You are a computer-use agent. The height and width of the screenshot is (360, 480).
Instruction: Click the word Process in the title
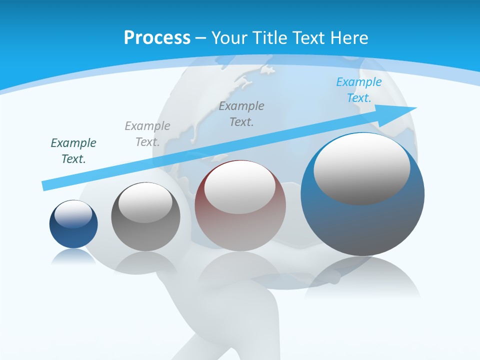[157, 38]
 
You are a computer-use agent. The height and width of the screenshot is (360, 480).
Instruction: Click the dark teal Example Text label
[73, 151]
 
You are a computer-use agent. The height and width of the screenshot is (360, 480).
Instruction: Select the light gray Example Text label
[147, 134]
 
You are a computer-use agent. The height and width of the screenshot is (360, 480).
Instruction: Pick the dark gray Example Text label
[241, 114]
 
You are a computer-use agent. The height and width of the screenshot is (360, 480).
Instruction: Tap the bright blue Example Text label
[359, 90]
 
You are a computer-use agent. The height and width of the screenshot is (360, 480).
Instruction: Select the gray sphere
[145, 235]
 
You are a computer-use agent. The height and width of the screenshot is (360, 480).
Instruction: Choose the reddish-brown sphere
[240, 230]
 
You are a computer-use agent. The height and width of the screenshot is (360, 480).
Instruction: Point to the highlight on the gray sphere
[145, 202]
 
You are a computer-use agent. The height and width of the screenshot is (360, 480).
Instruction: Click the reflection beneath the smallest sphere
[73, 256]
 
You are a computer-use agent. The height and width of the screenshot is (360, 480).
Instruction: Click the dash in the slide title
[201, 38]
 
